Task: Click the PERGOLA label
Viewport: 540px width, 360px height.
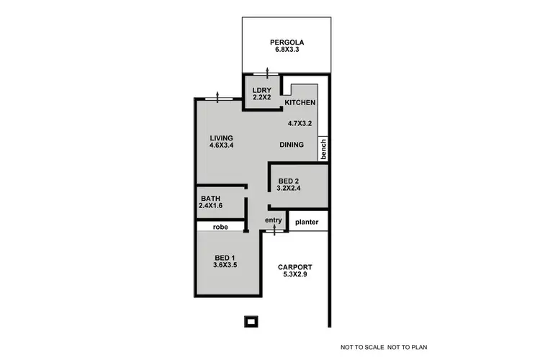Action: tap(286, 41)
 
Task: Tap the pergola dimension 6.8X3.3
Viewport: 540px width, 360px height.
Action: tap(286, 50)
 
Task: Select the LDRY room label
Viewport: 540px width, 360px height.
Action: tap(261, 90)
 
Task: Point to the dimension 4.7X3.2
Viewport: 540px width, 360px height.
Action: tap(300, 123)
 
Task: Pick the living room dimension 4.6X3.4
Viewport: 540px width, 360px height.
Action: tap(222, 146)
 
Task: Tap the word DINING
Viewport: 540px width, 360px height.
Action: tap(292, 145)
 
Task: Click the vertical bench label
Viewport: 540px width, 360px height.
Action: tap(324, 148)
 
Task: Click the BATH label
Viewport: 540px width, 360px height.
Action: tap(210, 199)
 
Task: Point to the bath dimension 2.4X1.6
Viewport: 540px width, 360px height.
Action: tap(212, 207)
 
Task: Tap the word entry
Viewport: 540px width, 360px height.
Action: tap(274, 220)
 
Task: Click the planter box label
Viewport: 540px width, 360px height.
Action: tap(307, 222)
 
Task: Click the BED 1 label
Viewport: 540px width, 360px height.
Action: tap(225, 258)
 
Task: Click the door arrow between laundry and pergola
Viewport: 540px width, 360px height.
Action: tap(266, 72)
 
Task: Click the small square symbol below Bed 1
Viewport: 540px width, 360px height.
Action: tap(251, 321)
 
